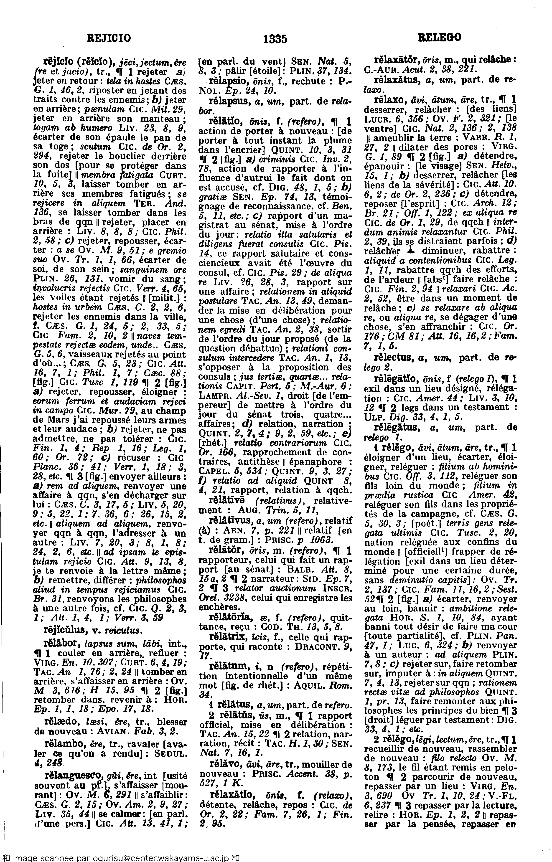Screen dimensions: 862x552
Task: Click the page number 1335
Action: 275,38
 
